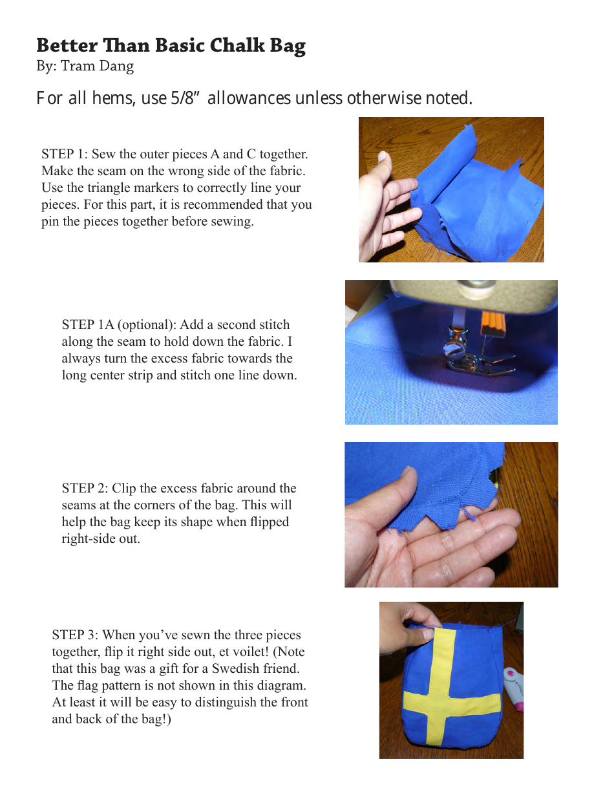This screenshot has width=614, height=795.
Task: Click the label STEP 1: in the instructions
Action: coord(64,154)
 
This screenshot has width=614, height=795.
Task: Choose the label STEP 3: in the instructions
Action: coord(74,635)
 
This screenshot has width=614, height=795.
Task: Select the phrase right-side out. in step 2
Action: coord(101,539)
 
